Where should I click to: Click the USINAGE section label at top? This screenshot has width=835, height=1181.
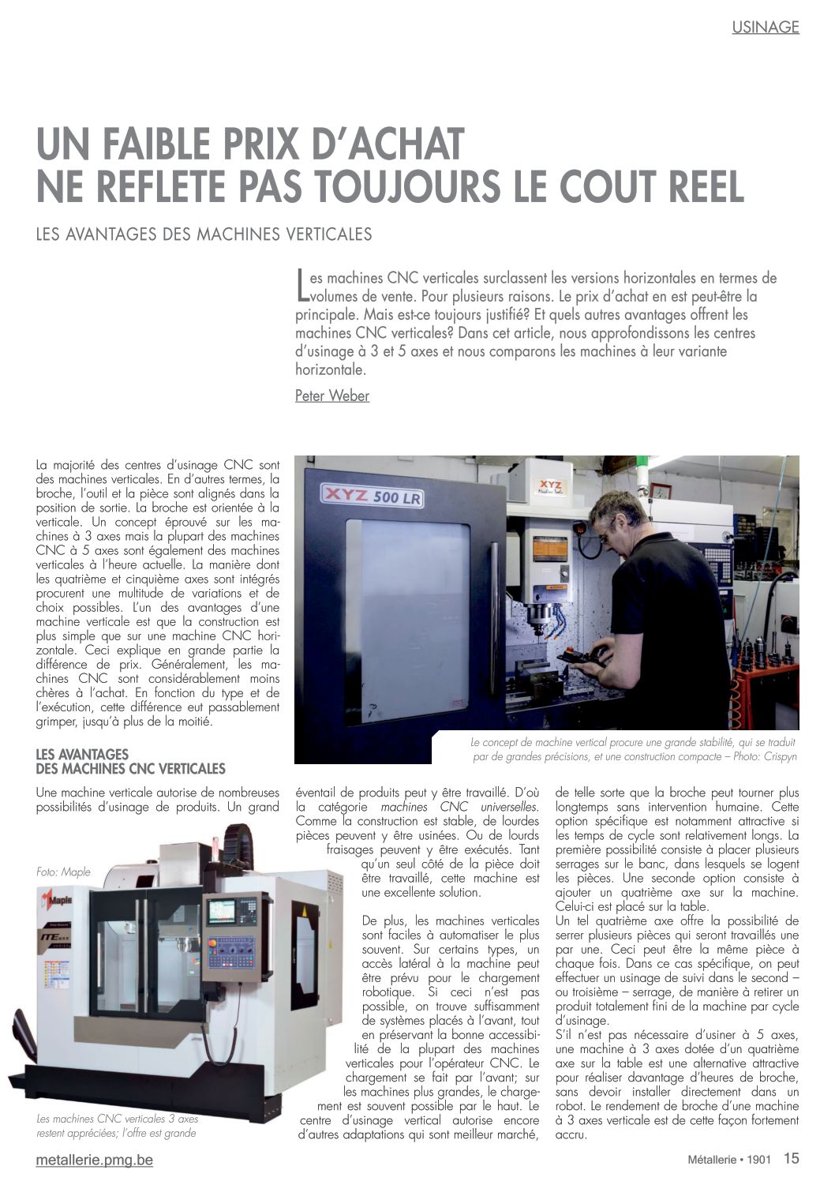[x=765, y=27]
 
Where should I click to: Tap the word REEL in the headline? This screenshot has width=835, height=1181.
[x=698, y=186]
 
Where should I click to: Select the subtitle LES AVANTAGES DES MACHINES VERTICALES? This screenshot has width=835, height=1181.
[x=204, y=234]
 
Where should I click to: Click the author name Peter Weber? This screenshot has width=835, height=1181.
[x=332, y=396]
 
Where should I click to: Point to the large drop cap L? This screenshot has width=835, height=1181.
[x=301, y=286]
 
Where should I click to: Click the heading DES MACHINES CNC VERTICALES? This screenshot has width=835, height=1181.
[x=130, y=769]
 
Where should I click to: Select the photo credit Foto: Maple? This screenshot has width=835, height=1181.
[x=63, y=872]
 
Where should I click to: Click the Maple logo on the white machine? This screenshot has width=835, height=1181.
[x=56, y=899]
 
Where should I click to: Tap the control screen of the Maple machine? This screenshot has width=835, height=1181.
[x=220, y=912]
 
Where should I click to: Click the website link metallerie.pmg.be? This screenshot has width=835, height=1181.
[x=95, y=1160]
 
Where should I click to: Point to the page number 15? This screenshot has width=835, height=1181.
[x=791, y=1158]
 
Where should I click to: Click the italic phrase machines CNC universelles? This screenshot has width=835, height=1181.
[x=459, y=807]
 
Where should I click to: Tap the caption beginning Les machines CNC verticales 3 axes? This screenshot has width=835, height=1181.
[x=118, y=1126]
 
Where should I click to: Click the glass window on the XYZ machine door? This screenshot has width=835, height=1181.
[x=406, y=616]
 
